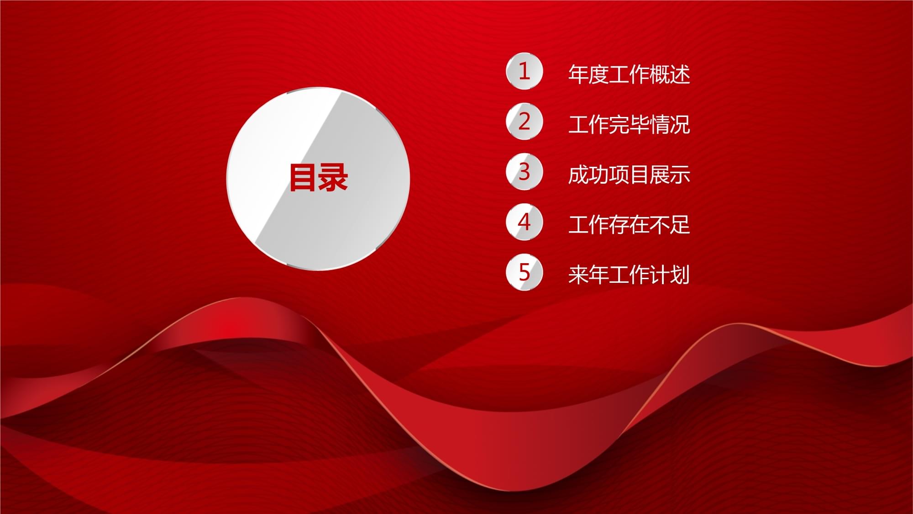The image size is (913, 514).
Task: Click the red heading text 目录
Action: [x=319, y=177]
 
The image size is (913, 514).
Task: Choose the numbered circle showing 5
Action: [x=524, y=272]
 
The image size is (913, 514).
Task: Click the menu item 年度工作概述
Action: [x=629, y=74]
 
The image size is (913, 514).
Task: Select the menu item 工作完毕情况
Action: [x=629, y=124]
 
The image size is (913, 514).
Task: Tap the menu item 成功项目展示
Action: [x=629, y=175]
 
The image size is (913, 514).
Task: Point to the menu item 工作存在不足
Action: [x=629, y=225]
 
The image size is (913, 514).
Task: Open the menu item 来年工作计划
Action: [x=629, y=275]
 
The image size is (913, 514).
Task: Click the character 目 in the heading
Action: [x=304, y=177]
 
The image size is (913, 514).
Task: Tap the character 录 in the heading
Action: [x=334, y=177]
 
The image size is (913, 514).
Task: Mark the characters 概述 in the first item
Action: [x=669, y=74]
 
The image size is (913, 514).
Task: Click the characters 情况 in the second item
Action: [x=669, y=124]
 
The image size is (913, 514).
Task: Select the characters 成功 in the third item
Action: [x=588, y=175]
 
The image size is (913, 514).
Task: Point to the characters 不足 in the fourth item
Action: [x=669, y=225]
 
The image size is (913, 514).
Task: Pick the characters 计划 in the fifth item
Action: [x=669, y=275]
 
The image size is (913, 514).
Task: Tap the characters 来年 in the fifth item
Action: [x=588, y=275]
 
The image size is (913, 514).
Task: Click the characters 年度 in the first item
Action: [x=588, y=74]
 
